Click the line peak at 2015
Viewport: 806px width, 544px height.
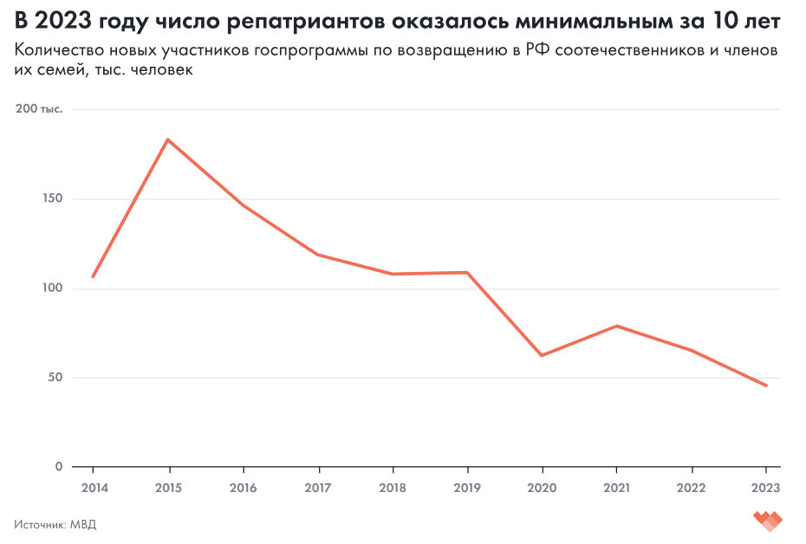coord(167,139)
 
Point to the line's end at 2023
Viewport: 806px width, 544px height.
coord(766,385)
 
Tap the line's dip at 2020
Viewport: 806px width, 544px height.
coord(542,355)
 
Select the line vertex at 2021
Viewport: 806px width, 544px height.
coord(616,326)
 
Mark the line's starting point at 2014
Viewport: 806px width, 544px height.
coord(93,276)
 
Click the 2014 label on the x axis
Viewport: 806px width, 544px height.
coord(93,487)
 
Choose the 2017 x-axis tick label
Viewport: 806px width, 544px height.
coord(317,487)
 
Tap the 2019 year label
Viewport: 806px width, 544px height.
coord(467,487)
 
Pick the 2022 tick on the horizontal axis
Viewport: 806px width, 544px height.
coord(692,487)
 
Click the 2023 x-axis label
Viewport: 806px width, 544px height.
coord(766,487)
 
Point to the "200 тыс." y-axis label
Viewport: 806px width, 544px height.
coord(40,109)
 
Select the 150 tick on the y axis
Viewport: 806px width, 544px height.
coord(53,198)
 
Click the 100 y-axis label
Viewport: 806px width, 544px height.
coord(54,288)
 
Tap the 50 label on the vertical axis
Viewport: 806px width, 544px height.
coord(56,378)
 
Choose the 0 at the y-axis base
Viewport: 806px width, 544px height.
coord(60,467)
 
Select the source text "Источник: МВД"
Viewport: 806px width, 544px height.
coord(55,524)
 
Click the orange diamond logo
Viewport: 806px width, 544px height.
coord(768,521)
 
